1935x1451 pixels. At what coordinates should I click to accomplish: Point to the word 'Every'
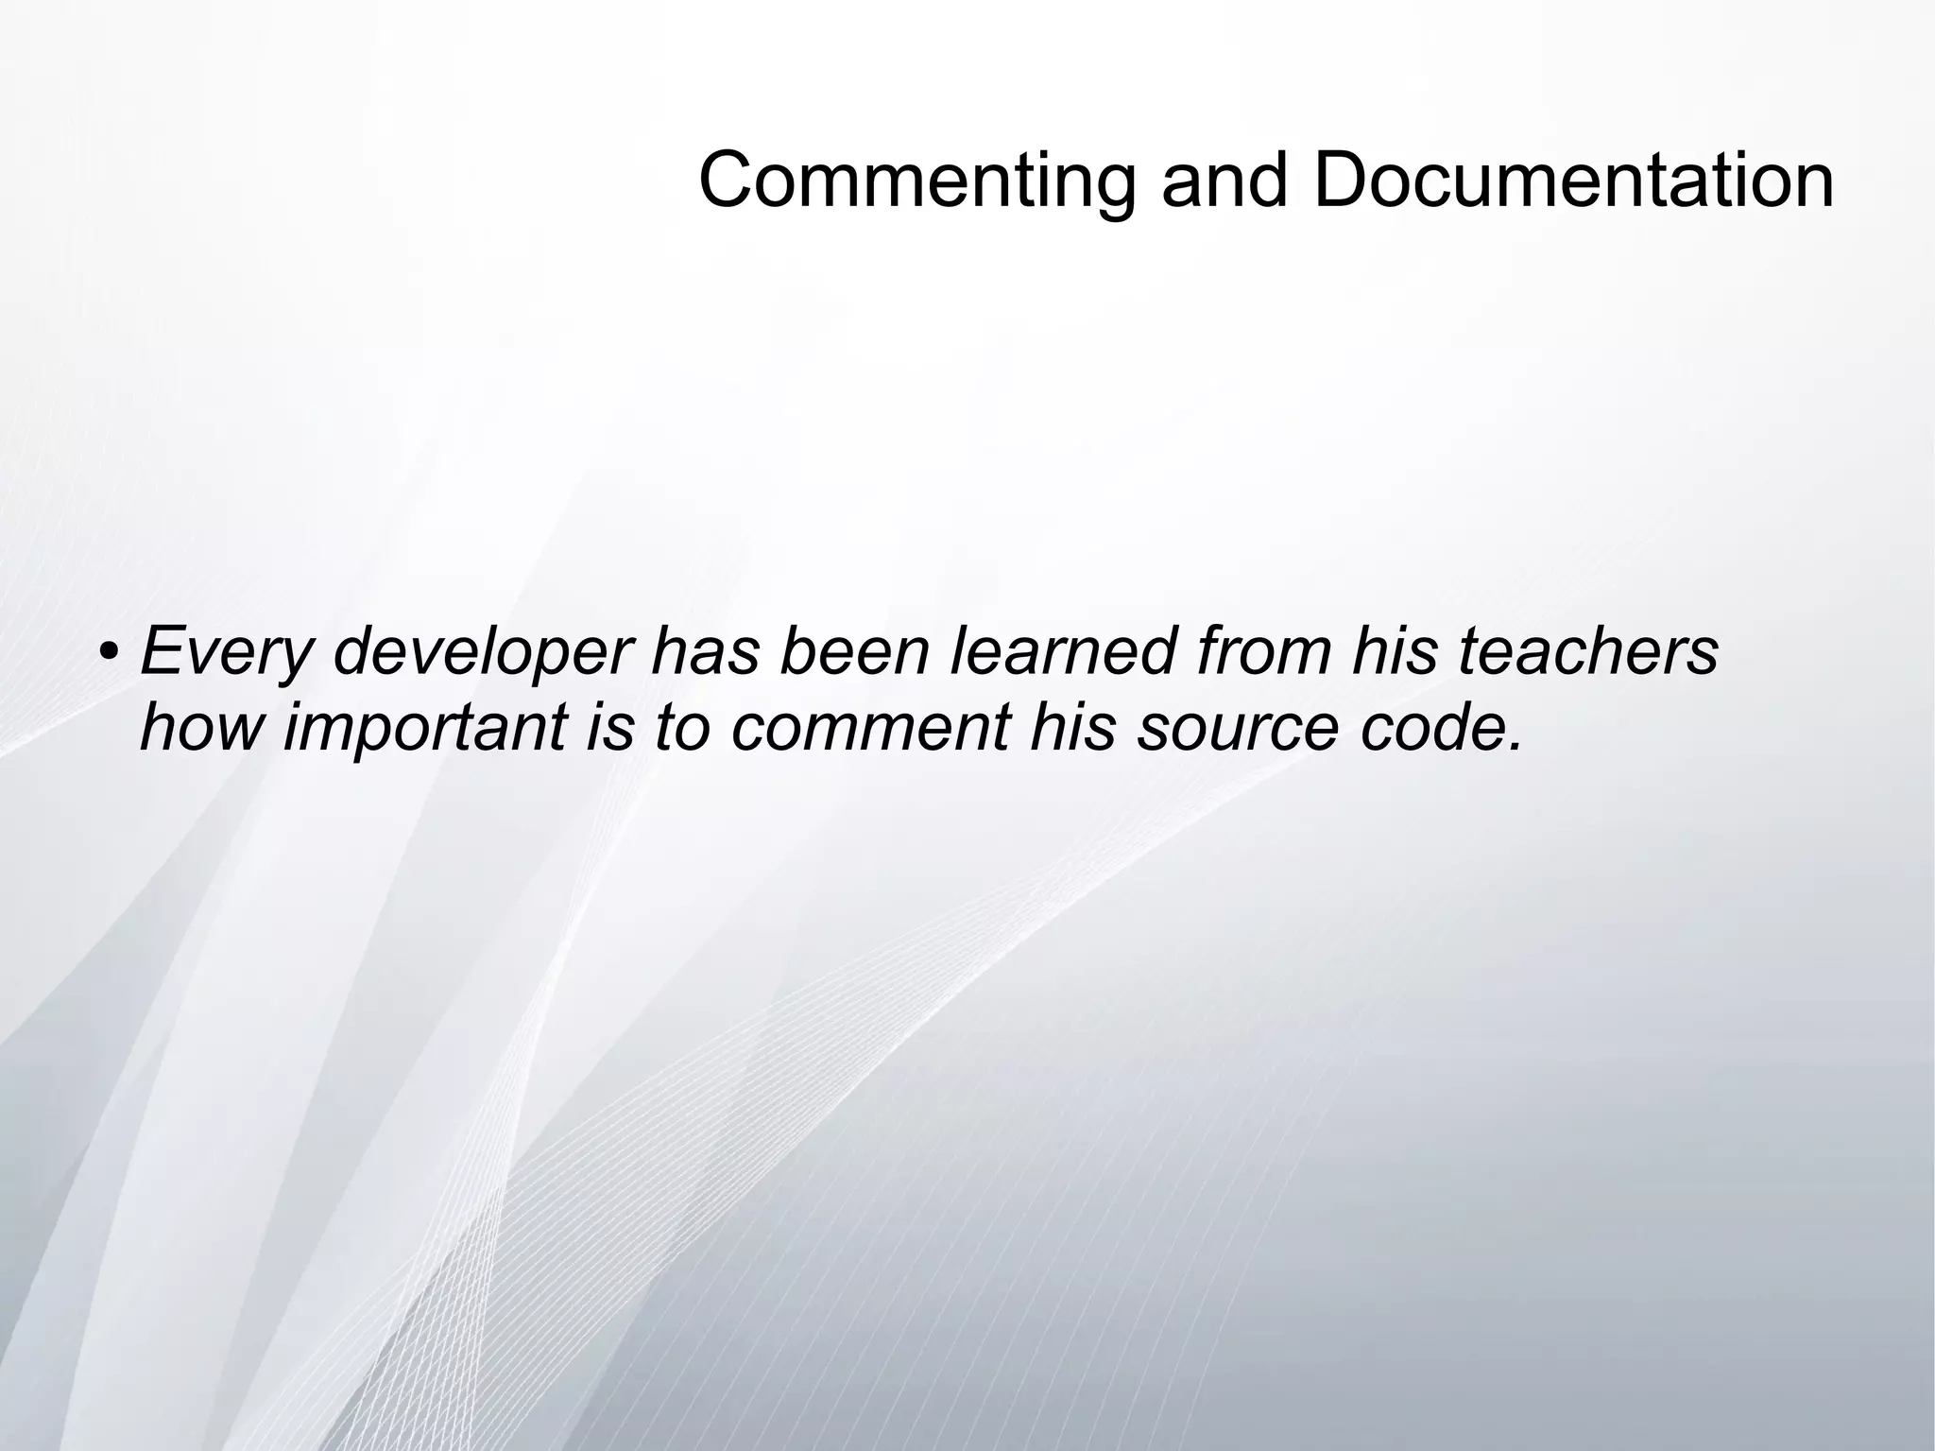coord(226,652)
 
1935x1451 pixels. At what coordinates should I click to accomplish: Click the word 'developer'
coord(482,652)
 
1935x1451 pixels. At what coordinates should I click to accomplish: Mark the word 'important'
coord(426,728)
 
